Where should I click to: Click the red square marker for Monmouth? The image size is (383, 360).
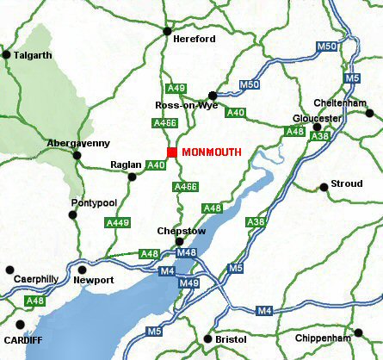point(172,152)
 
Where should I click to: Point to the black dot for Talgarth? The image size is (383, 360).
point(6,55)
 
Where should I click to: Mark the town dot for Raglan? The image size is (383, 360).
point(132,177)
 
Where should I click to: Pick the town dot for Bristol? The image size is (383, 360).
point(206,338)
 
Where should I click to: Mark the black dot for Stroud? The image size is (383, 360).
point(324,187)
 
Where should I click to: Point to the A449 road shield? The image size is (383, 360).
point(117,223)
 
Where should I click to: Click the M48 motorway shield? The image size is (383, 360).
point(186,252)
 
